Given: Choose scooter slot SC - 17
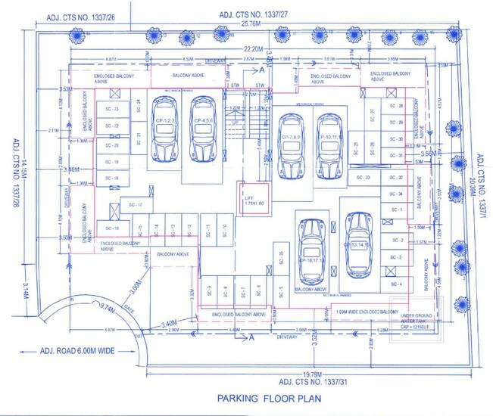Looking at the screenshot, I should coord(136,205).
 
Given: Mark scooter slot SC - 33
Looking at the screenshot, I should coord(362,178).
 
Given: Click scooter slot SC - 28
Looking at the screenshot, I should coord(395,107).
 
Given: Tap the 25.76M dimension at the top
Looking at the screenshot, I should coord(251,24).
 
